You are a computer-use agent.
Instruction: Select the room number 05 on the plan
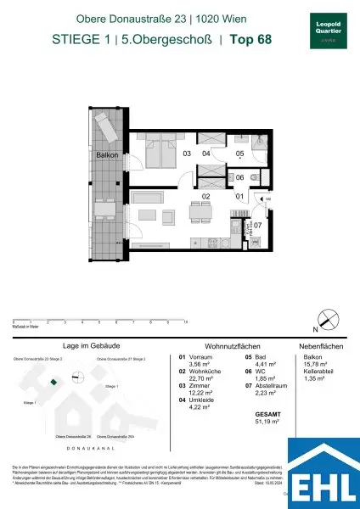pos(239,154)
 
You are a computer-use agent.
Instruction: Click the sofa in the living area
pos(149,212)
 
